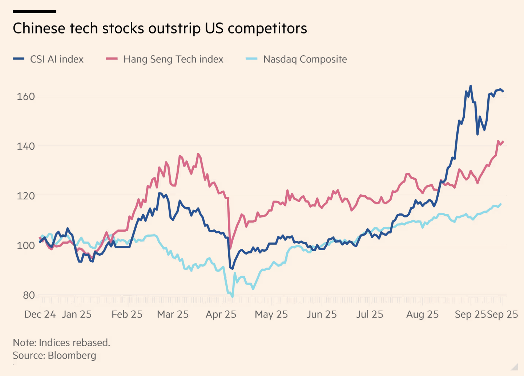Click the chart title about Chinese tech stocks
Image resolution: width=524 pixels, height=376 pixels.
click(x=160, y=28)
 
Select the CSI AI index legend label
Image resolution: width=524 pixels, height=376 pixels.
click(x=57, y=59)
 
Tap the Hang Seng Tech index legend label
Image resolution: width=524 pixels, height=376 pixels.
click(x=173, y=59)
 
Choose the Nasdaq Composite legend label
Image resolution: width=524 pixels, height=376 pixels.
click(x=305, y=59)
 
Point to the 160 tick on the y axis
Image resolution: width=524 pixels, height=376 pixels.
click(x=26, y=96)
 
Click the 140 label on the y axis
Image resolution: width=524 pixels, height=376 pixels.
click(x=26, y=146)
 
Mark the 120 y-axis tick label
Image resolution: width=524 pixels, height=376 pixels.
click(x=26, y=196)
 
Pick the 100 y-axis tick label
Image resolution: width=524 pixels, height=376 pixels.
click(x=26, y=245)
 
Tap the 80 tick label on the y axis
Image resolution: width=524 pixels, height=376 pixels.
click(x=29, y=295)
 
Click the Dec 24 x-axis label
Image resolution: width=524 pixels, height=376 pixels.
click(x=40, y=315)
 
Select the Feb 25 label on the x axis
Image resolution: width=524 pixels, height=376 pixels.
click(x=127, y=315)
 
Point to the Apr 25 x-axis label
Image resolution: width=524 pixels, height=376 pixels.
click(x=221, y=315)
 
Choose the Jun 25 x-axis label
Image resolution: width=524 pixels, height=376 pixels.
click(x=321, y=315)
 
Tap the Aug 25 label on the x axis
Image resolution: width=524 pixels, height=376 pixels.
click(x=422, y=315)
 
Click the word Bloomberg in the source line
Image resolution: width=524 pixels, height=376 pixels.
click(x=72, y=355)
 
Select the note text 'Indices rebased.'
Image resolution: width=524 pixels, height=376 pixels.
click(x=74, y=343)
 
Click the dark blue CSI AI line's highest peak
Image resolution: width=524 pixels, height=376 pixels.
click(x=471, y=86)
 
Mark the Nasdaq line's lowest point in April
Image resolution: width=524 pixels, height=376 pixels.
click(x=232, y=297)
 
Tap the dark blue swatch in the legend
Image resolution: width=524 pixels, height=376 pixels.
click(x=19, y=59)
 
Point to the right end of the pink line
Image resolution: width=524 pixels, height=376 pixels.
click(x=503, y=142)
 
